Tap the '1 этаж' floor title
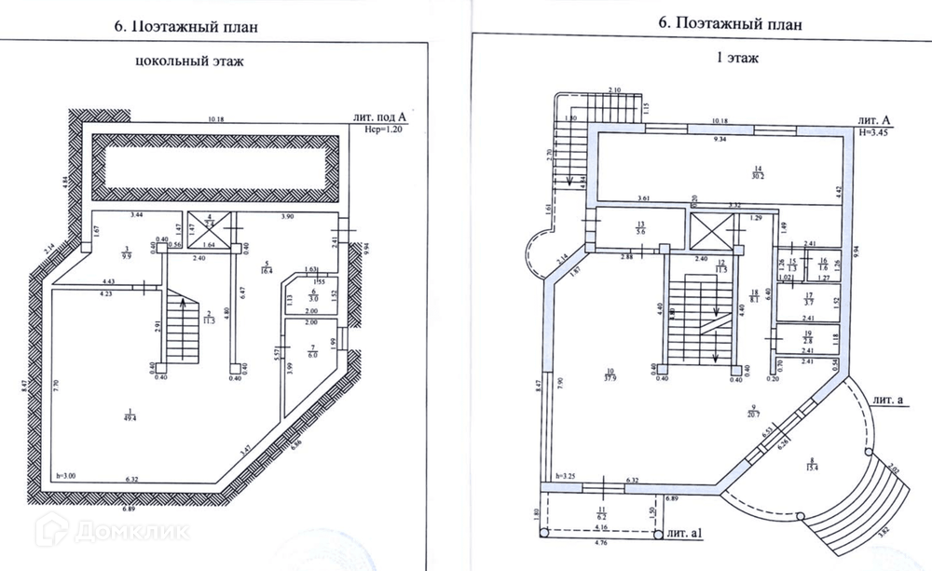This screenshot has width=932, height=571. click(x=736, y=58)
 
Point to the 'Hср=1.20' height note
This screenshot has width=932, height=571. click(x=384, y=131)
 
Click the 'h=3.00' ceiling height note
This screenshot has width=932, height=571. click(x=67, y=475)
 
